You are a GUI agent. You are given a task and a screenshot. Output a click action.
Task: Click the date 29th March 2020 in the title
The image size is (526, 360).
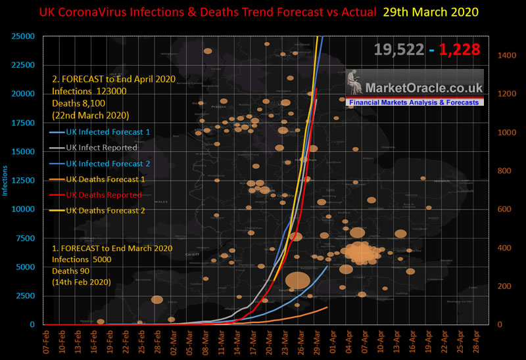click(x=436, y=12)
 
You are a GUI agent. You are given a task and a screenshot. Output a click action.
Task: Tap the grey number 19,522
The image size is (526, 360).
click(x=399, y=49)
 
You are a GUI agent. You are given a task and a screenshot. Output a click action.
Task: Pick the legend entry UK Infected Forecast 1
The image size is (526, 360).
click(x=108, y=132)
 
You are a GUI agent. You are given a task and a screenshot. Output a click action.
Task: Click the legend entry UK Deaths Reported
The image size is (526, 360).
click(x=104, y=195)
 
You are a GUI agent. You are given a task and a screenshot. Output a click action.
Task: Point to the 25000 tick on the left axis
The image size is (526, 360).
click(x=22, y=35)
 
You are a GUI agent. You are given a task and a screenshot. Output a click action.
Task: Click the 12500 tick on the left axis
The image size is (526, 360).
click(x=22, y=180)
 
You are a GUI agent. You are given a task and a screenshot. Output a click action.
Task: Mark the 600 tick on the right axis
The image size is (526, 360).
click(x=504, y=210)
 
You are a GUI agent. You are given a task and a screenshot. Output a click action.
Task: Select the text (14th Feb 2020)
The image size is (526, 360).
click(x=82, y=281)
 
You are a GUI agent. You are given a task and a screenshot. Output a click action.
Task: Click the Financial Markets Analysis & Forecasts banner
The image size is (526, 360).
click(x=415, y=103)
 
